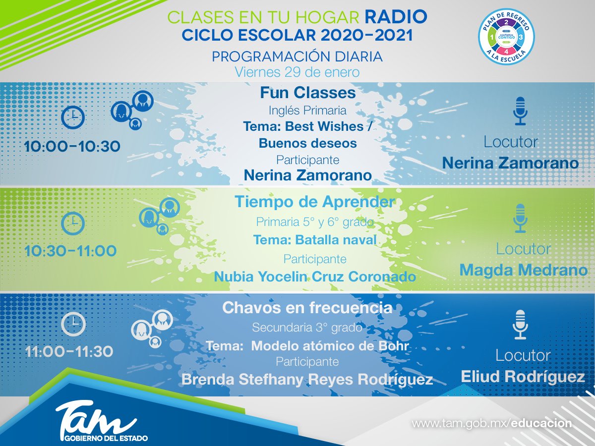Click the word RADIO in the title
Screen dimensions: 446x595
396,17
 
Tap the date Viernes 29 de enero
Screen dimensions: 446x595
297,72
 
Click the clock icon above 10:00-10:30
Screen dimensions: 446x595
72,117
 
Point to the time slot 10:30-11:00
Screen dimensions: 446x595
70,251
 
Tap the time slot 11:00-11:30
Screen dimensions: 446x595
69,352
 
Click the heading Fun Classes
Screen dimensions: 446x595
307,93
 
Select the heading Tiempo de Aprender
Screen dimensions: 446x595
315,202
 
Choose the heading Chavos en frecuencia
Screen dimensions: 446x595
307,308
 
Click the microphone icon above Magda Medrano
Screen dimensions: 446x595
520,218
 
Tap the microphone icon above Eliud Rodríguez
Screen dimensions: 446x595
520,325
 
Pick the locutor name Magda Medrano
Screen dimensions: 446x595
523,270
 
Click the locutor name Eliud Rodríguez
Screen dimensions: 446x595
523,377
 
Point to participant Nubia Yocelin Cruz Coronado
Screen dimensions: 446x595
315,277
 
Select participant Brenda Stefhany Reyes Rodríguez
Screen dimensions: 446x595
307,380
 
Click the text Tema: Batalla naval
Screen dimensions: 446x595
315,240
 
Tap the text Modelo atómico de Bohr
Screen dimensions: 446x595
330,346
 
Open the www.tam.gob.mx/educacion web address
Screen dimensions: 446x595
492,424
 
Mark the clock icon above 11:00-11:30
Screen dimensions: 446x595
73,324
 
